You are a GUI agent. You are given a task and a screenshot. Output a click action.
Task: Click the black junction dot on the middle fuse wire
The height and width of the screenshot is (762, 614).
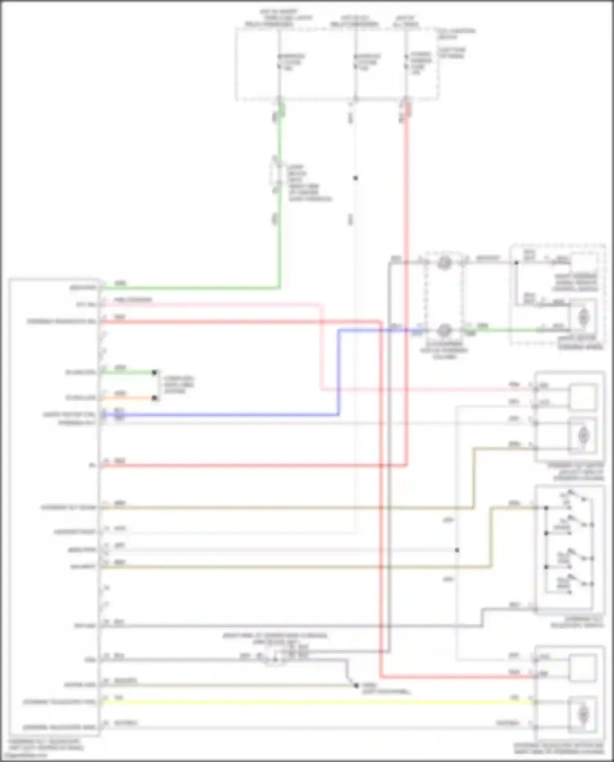coord(355,178)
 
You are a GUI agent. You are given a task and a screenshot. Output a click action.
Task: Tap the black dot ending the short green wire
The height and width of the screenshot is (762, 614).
coord(154,373)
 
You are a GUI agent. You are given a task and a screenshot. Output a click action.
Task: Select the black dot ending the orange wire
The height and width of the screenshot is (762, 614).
coord(154,398)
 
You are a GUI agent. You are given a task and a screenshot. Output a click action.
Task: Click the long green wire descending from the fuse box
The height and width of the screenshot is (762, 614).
coord(279,229)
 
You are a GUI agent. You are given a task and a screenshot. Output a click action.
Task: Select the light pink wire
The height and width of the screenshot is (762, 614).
coord(321,348)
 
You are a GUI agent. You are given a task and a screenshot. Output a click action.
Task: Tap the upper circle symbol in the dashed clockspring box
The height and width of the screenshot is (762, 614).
coord(444,262)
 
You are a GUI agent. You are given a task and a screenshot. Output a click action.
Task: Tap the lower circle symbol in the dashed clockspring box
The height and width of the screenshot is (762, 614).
coord(444,330)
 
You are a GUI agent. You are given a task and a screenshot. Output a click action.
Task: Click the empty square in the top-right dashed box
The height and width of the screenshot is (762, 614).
coord(584,262)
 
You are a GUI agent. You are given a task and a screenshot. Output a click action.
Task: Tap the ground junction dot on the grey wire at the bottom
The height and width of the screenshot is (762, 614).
coord(356,685)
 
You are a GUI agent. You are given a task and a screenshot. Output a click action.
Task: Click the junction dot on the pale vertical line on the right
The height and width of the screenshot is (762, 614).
coord(457,550)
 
